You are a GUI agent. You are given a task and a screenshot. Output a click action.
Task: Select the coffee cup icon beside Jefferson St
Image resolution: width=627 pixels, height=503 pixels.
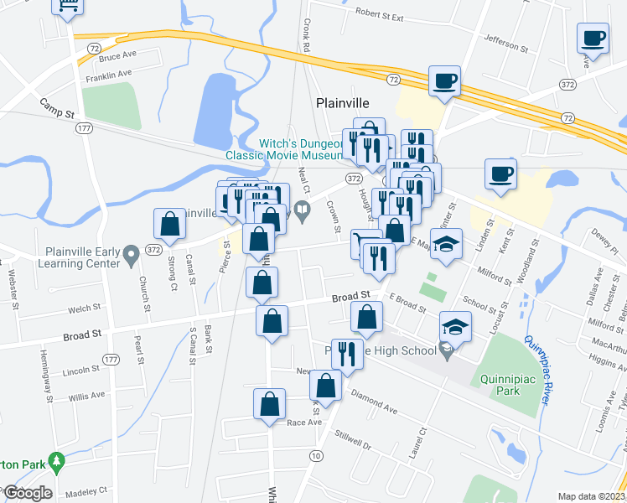pyautogui.click(x=593, y=39)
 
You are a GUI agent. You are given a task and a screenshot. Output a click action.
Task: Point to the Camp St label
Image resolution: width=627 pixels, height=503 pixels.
pyautogui.click(x=57, y=107)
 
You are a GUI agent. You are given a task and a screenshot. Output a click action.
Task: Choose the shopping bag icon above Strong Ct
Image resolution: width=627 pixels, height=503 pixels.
pyautogui.click(x=169, y=224)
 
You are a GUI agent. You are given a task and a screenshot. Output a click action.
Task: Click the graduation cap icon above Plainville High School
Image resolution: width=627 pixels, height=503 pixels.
pyautogui.click(x=455, y=326)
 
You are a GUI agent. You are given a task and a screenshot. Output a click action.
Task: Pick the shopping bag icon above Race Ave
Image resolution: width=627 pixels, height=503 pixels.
pyautogui.click(x=270, y=404)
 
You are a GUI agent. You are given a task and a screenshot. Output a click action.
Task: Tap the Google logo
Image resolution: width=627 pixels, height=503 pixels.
pyautogui.click(x=28, y=493)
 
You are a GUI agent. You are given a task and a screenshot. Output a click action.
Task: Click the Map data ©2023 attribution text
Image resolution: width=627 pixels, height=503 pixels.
pyautogui.click(x=591, y=496)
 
